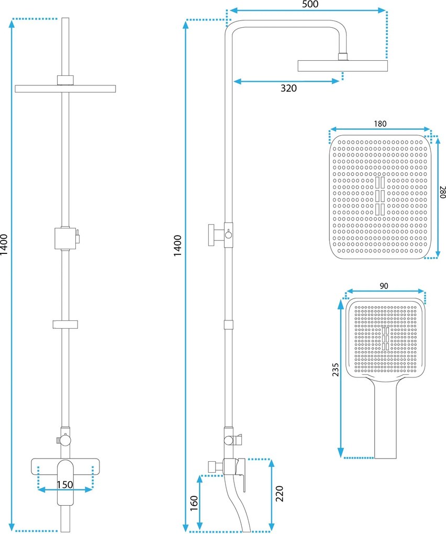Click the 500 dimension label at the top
click(x=310, y=4)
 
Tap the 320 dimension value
click(x=288, y=88)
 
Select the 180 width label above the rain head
click(x=380, y=124)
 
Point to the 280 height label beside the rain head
click(x=442, y=192)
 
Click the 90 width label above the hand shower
click(x=384, y=286)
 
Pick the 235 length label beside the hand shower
click(x=336, y=370)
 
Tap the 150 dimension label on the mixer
click(x=65, y=484)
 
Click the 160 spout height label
click(x=194, y=503)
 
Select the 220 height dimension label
click(x=279, y=494)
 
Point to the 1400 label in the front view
click(x=4, y=244)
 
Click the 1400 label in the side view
click(x=177, y=246)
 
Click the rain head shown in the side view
click(x=342, y=66)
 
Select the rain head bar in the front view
click(x=65, y=88)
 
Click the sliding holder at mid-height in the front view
click(x=65, y=325)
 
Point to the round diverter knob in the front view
click(x=65, y=440)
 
